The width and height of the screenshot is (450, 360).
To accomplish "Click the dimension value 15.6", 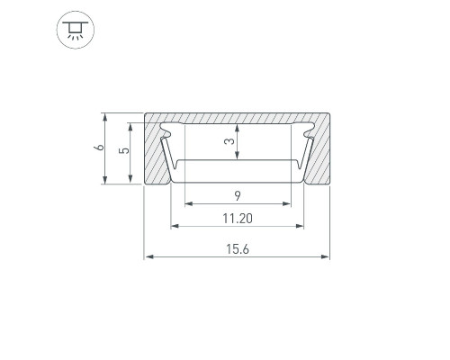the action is pyautogui.click(x=238, y=249).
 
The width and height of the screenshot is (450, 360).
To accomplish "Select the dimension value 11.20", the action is pyautogui.click(x=238, y=219).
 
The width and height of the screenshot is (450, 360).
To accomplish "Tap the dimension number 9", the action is pyautogui.click(x=238, y=196).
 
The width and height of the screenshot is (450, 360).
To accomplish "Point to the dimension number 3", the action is pyautogui.click(x=229, y=141).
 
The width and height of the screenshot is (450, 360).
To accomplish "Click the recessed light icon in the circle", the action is pyautogui.click(x=76, y=30).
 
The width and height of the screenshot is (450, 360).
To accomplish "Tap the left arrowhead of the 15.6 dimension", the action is pyautogui.click(x=149, y=256).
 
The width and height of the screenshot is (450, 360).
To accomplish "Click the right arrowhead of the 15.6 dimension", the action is pyautogui.click(x=325, y=256).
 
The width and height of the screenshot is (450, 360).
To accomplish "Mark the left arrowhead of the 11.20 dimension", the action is pyautogui.click(x=175, y=226).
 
